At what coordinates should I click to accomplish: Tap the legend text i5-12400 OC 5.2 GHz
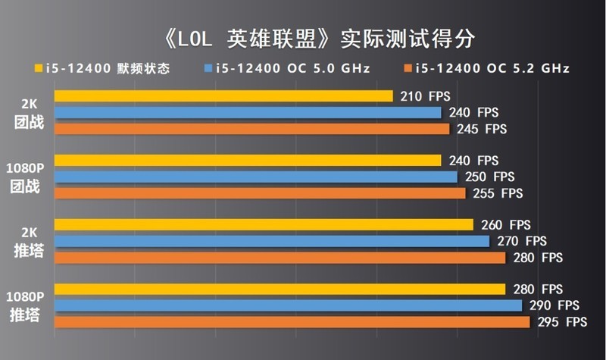492,69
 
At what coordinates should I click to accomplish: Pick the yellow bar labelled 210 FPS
223,96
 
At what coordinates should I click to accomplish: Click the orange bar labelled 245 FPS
251,129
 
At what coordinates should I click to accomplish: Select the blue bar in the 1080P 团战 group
255,177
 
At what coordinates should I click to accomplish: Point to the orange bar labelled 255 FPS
260,193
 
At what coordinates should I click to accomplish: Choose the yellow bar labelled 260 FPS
264,225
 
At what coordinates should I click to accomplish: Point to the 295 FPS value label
562,322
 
